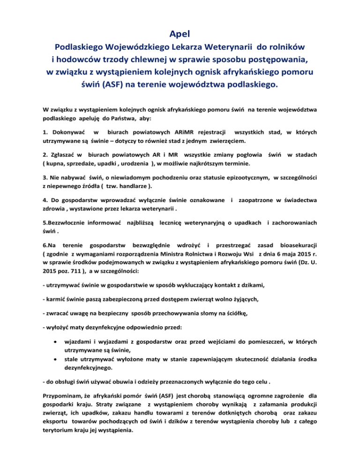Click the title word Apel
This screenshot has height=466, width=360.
pos(180,34)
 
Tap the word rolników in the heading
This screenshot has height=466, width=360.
pos(284,47)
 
